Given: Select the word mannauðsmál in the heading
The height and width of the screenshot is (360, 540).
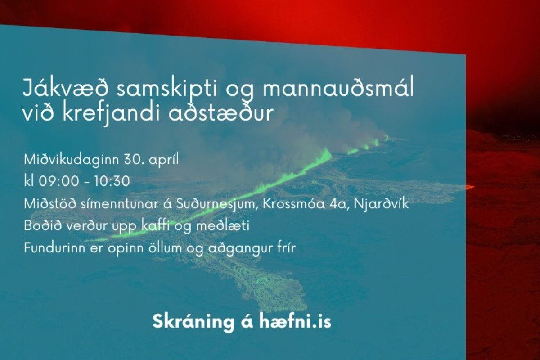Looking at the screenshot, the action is pos(338,88).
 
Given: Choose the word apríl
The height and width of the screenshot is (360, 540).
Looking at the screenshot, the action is pos(164,160).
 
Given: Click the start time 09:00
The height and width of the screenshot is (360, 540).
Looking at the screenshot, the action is pos(59,181).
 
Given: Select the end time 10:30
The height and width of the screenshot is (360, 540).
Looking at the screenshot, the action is pos(112,181).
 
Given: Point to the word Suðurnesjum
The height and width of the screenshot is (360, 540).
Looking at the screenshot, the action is pos(215,204).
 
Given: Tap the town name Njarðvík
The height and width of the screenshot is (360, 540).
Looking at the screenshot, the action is pos(382,204).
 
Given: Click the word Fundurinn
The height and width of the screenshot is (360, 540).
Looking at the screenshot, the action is pos(55,248).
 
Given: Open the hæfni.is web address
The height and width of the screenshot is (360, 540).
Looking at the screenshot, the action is pos(295,321).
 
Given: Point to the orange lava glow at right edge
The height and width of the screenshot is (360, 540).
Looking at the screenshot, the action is pos(470,187).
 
